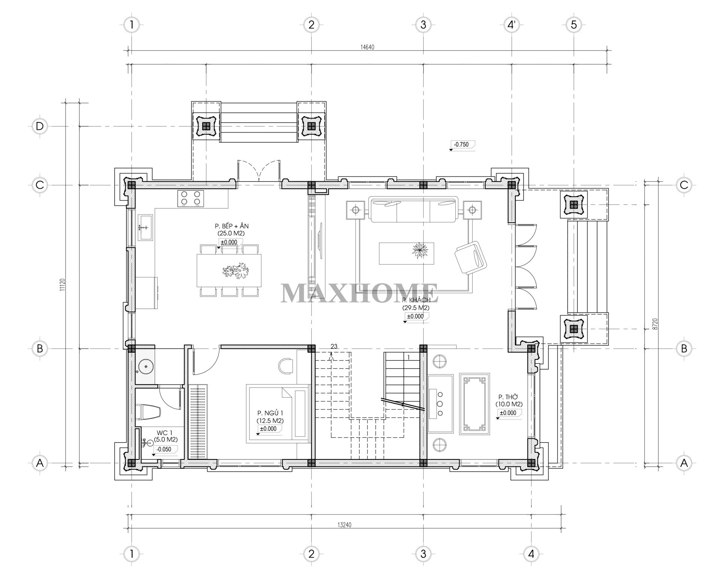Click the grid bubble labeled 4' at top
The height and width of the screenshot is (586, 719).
point(512,25)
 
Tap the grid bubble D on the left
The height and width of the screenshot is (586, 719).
point(40,126)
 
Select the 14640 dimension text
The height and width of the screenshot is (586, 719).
point(367,47)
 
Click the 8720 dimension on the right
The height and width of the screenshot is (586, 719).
point(654,324)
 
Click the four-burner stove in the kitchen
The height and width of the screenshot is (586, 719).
point(191,198)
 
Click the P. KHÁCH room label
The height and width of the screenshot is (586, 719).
point(416,300)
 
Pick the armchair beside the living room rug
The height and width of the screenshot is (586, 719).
point(471,258)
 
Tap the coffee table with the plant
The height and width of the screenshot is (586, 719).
point(406,253)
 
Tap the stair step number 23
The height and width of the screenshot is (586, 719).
point(334,346)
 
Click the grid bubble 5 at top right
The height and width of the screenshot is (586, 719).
point(574,25)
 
